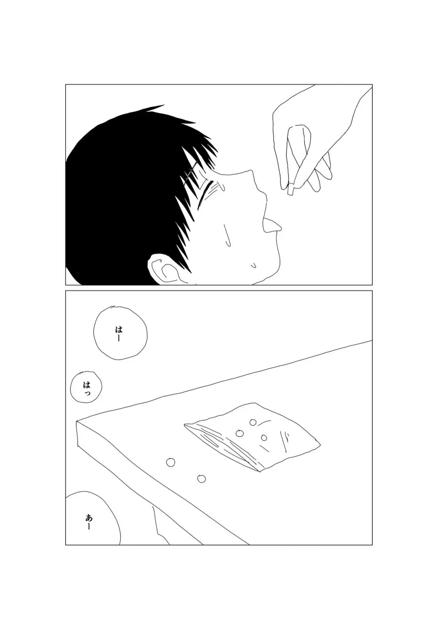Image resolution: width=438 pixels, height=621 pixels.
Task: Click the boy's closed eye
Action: click(203, 196)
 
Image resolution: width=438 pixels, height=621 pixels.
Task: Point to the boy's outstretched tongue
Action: click(271, 225)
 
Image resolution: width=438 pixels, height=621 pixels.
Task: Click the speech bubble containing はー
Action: click(120, 333)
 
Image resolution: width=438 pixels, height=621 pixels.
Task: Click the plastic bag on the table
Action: click(251, 437)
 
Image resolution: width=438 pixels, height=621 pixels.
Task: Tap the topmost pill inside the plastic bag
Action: click(253, 423)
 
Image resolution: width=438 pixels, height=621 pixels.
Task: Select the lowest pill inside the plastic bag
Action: click(264, 438)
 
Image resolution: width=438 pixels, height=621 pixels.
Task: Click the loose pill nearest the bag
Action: click(201, 479)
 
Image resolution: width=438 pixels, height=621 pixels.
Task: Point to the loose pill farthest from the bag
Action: click(171, 462)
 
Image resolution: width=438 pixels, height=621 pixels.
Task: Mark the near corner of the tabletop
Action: click(77, 423)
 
